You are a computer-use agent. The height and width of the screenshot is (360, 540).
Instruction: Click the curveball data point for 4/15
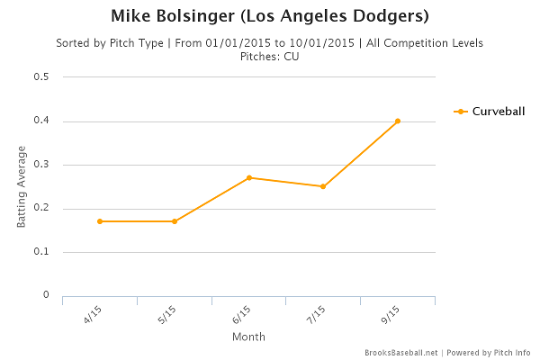100,221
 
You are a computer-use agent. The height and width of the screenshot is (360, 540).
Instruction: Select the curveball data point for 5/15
175,221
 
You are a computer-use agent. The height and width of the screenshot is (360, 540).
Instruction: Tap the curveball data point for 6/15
249,177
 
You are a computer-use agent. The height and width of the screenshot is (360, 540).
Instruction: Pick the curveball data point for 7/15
323,186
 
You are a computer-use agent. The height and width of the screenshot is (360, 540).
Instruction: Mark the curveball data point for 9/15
398,121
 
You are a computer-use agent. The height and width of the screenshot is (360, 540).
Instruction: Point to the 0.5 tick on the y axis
43,77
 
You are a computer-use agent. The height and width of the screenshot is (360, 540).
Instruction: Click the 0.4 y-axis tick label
43,121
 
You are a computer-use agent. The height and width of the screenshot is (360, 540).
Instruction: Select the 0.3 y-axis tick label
43,165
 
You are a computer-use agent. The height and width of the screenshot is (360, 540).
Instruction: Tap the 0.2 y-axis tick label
43,209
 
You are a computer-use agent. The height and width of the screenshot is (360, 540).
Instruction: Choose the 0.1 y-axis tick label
43,252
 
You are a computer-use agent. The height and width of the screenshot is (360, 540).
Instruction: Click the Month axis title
248,337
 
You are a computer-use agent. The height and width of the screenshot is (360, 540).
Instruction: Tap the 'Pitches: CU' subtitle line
269,56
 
